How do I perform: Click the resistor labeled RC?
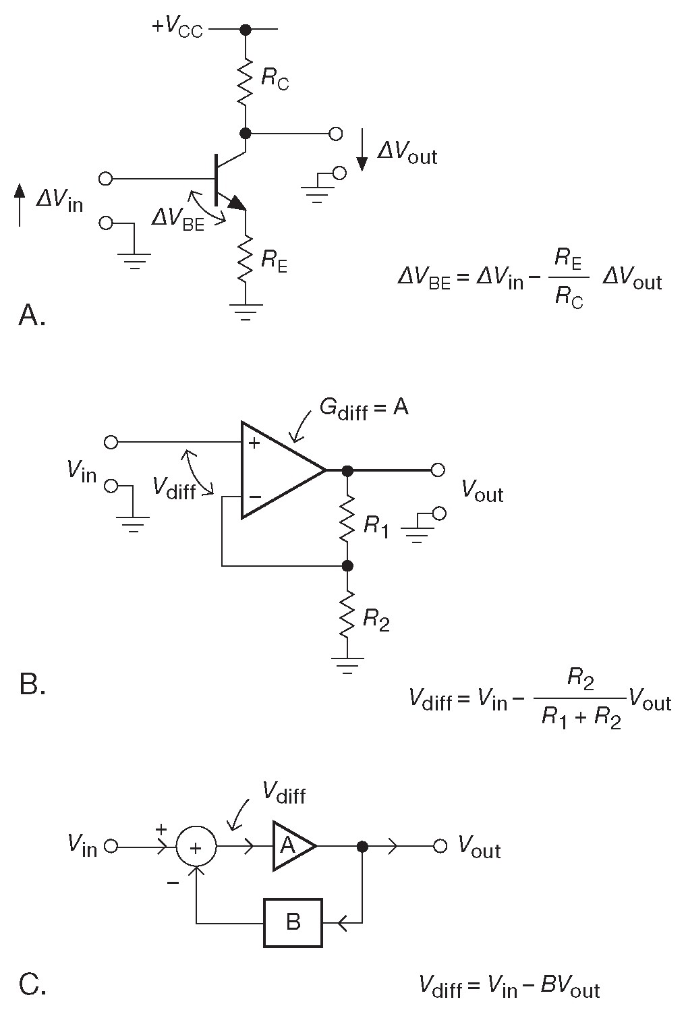(246, 81)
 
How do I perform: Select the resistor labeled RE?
(246, 257)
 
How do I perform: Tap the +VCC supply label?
(177, 28)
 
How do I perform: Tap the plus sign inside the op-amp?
(254, 443)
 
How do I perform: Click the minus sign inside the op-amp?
(254, 497)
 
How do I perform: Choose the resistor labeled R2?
(347, 613)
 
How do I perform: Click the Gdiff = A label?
(364, 409)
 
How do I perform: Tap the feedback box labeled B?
(293, 922)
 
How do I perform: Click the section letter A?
(32, 314)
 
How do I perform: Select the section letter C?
(32, 985)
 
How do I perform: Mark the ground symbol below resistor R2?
(347, 665)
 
